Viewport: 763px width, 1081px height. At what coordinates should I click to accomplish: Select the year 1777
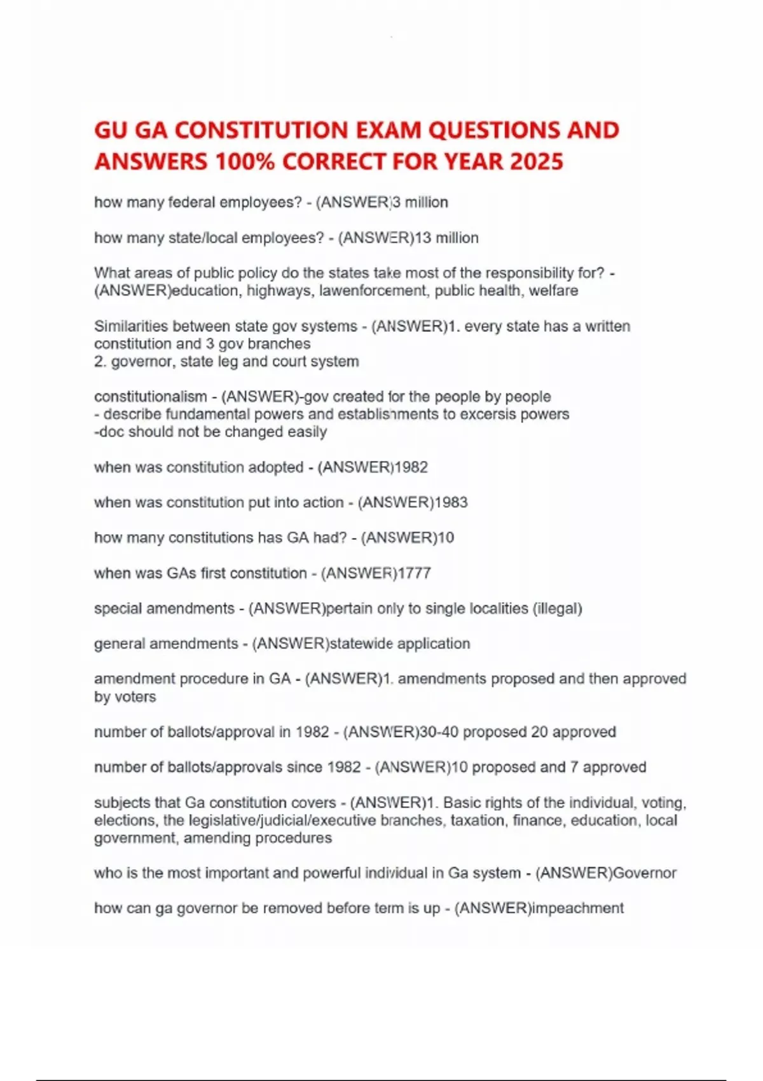coord(414,573)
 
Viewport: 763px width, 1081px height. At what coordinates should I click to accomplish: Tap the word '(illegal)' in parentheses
coord(558,609)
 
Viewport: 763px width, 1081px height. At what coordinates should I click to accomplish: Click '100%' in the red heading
coord(244,162)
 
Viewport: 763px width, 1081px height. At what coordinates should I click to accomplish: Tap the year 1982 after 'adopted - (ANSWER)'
coord(411,467)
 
